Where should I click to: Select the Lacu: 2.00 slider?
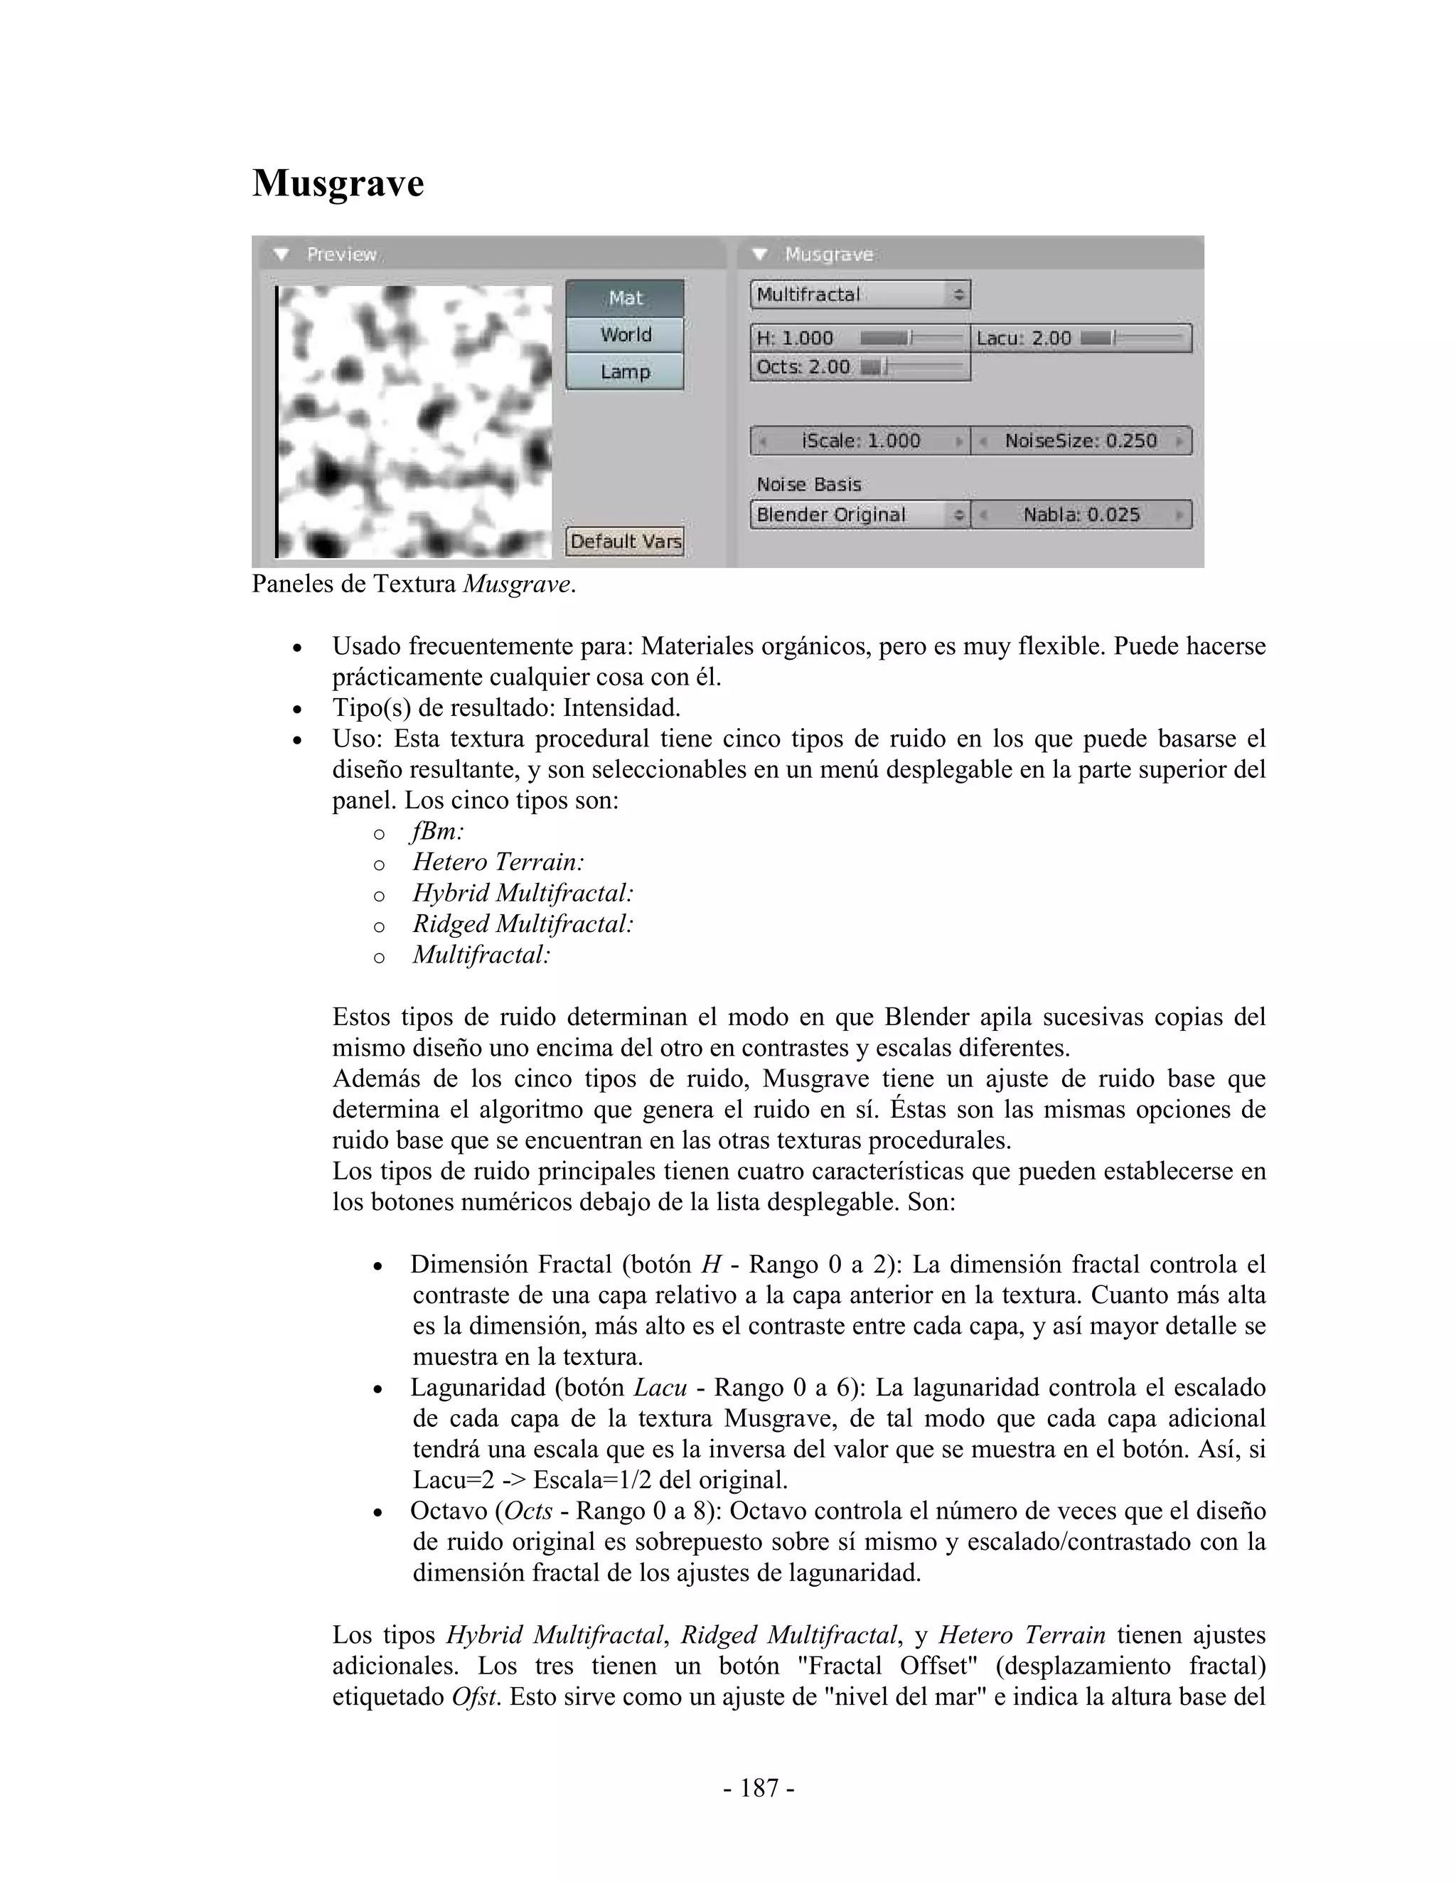(1081, 338)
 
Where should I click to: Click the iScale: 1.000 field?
(860, 441)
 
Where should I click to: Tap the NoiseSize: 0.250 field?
(1081, 441)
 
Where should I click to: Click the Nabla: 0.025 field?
(1081, 515)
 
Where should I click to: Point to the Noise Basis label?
(808, 485)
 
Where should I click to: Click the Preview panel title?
(341, 255)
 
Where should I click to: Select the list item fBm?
(438, 832)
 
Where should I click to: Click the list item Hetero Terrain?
(498, 862)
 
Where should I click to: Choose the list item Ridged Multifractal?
(523, 924)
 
